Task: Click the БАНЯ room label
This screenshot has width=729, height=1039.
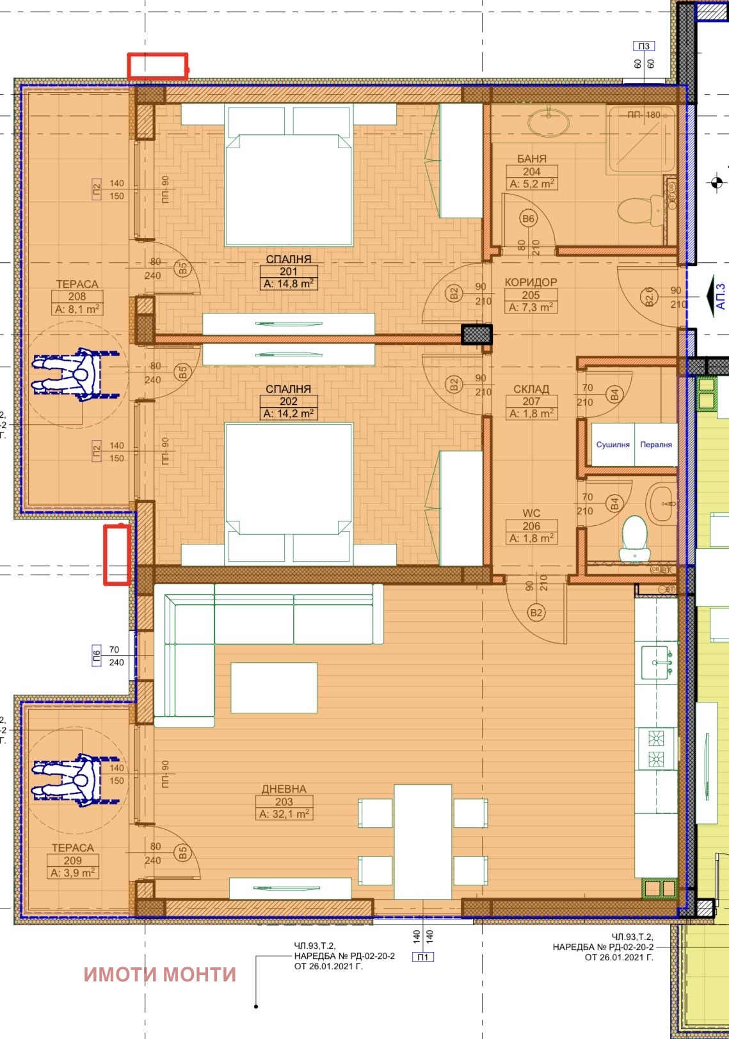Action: (531, 159)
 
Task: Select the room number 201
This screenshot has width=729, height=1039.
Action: (288, 271)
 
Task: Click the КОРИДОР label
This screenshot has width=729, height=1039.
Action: (531, 282)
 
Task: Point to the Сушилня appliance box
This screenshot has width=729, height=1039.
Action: (613, 445)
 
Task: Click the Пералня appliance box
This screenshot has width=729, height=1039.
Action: (656, 445)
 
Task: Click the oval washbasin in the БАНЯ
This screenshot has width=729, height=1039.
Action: (549, 122)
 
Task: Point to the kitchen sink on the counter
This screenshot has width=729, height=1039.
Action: (656, 662)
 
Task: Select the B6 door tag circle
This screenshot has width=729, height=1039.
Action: (528, 219)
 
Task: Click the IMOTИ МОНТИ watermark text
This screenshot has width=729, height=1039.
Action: (160, 974)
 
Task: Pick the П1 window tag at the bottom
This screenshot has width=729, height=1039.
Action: (423, 957)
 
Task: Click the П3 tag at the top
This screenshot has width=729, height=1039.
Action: (644, 46)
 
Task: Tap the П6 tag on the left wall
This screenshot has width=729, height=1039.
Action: (97, 656)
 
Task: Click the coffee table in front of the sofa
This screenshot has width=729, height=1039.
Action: (273, 688)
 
